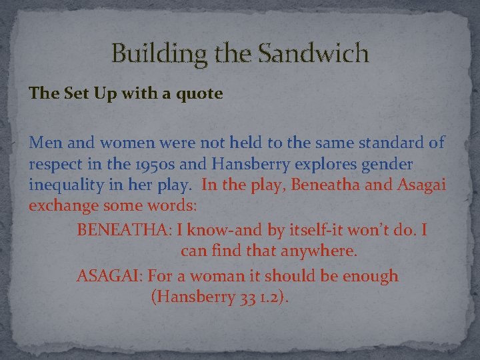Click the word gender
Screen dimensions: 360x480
pos(387,164)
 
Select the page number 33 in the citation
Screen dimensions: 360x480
pos(245,297)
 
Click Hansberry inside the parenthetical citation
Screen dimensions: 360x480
pos(193,297)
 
